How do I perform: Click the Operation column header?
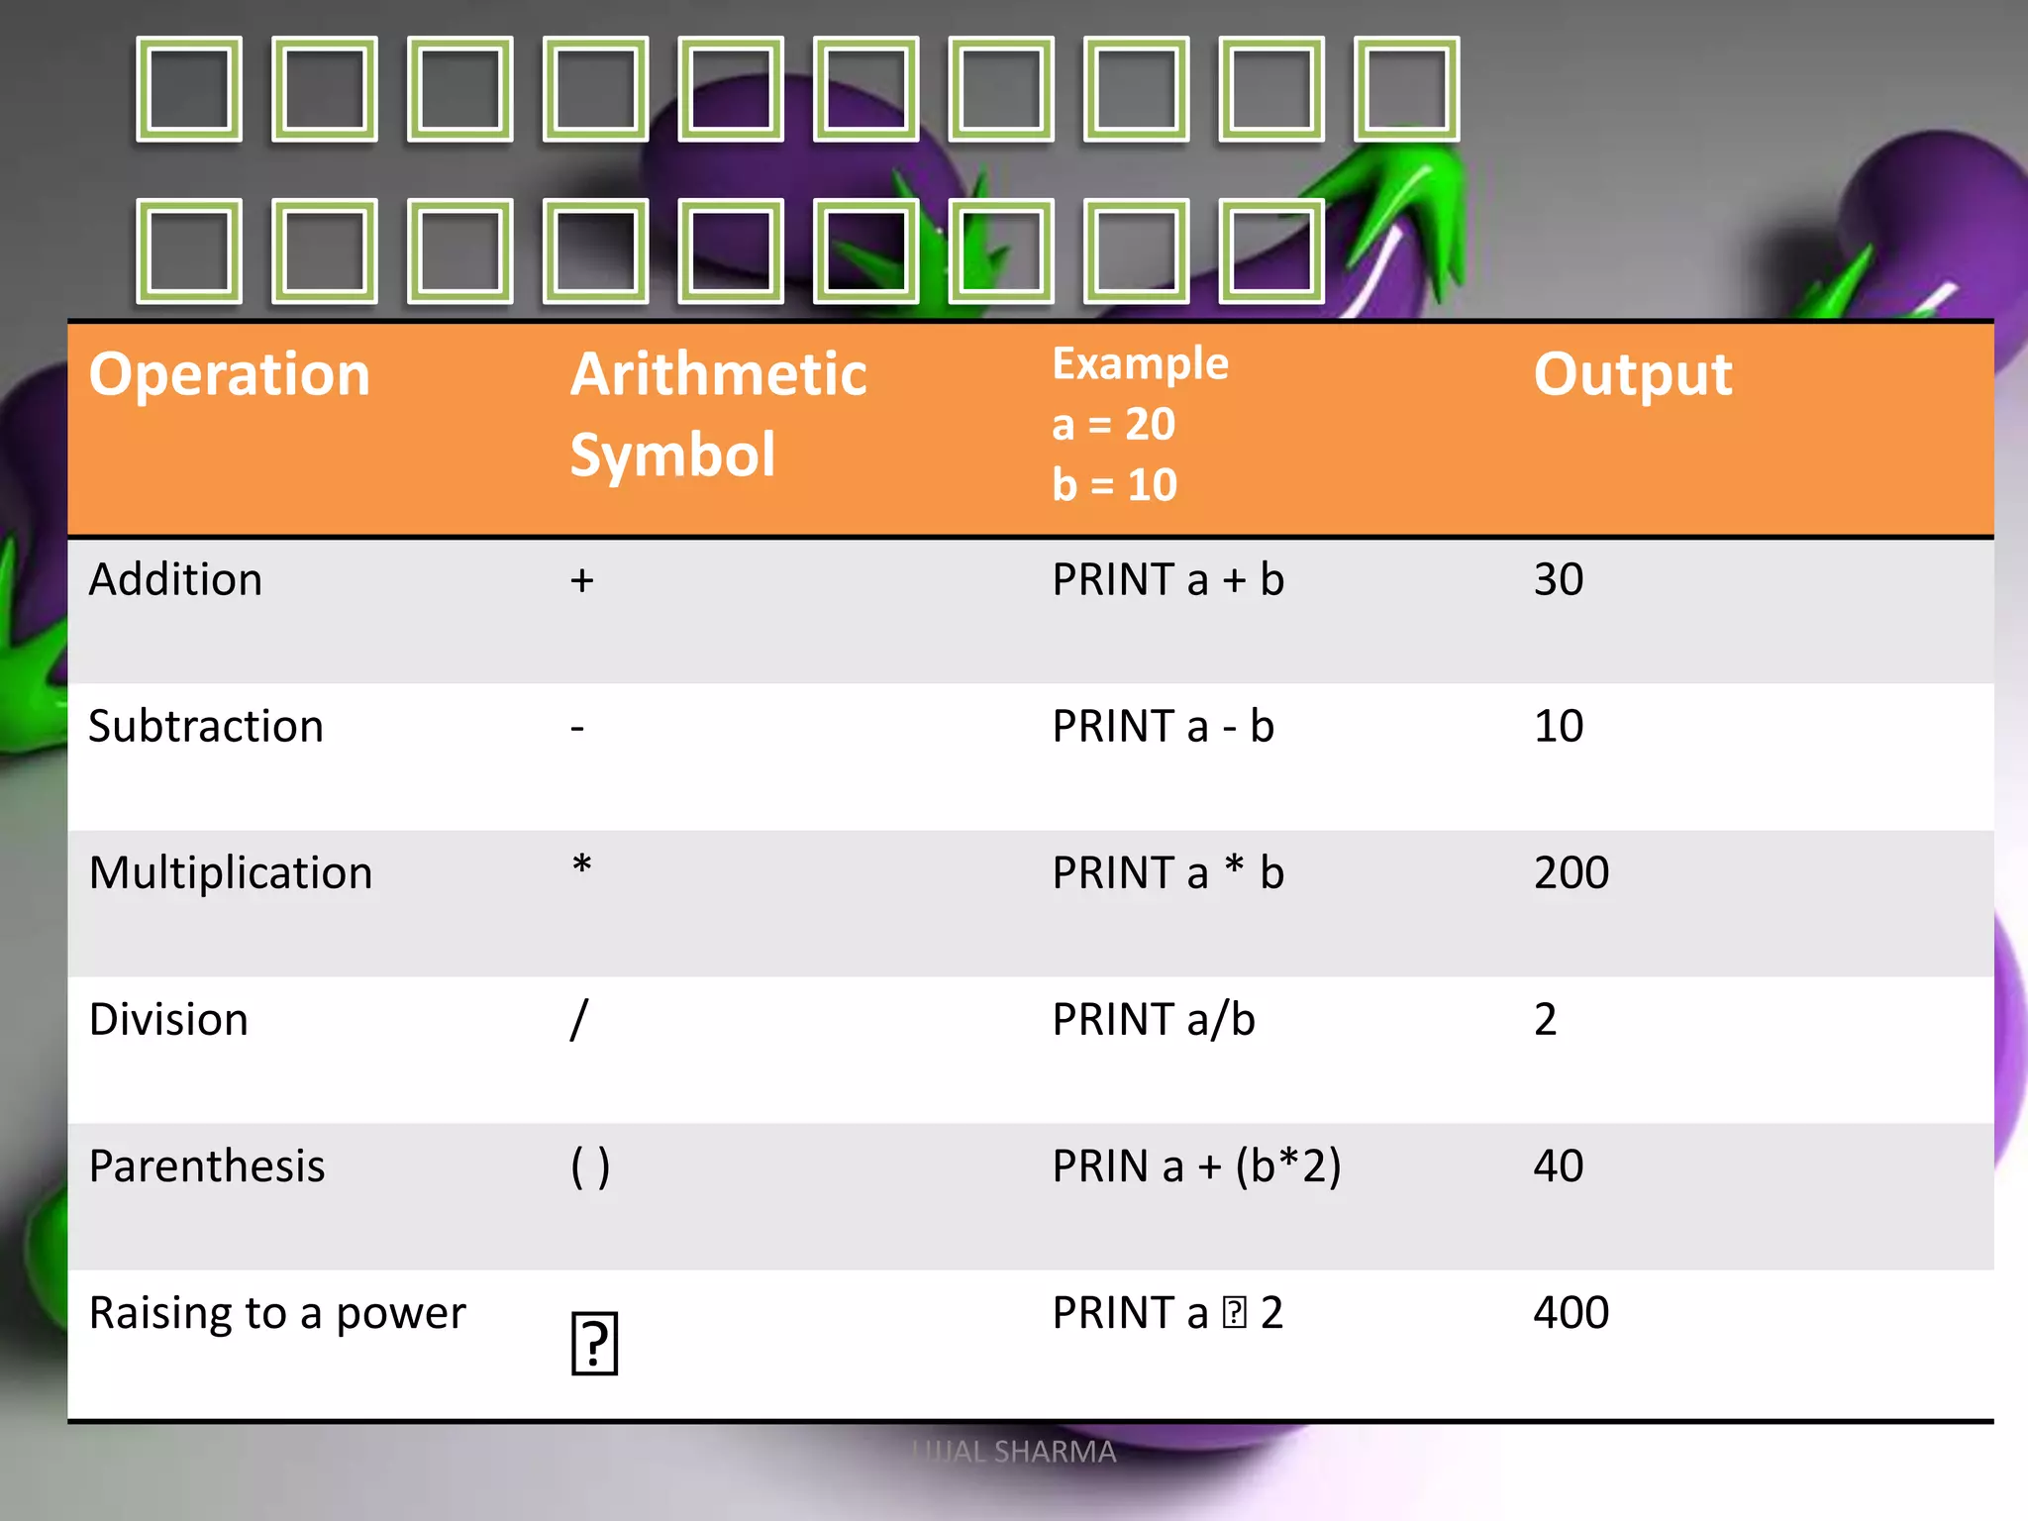coord(229,375)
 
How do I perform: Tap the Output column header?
coord(1632,375)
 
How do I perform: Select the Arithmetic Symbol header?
coord(718,414)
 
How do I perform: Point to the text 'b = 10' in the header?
coord(1114,485)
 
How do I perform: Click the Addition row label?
coord(175,579)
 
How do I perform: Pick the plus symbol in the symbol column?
coord(581,580)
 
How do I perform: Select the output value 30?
coord(1558,579)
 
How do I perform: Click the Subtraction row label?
coord(206,726)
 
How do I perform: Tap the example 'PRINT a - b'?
coord(1163,726)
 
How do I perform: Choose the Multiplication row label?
coord(231,872)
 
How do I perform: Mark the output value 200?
coord(1571,872)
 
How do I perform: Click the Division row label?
coord(168,1019)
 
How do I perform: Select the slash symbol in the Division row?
coord(579,1019)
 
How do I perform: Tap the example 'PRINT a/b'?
coord(1154,1019)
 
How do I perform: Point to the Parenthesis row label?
coord(207,1166)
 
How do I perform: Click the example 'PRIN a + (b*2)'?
coord(1196,1166)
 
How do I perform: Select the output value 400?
coord(1571,1312)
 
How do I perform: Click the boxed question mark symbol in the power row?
coord(594,1344)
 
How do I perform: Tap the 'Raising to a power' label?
coord(277,1313)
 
